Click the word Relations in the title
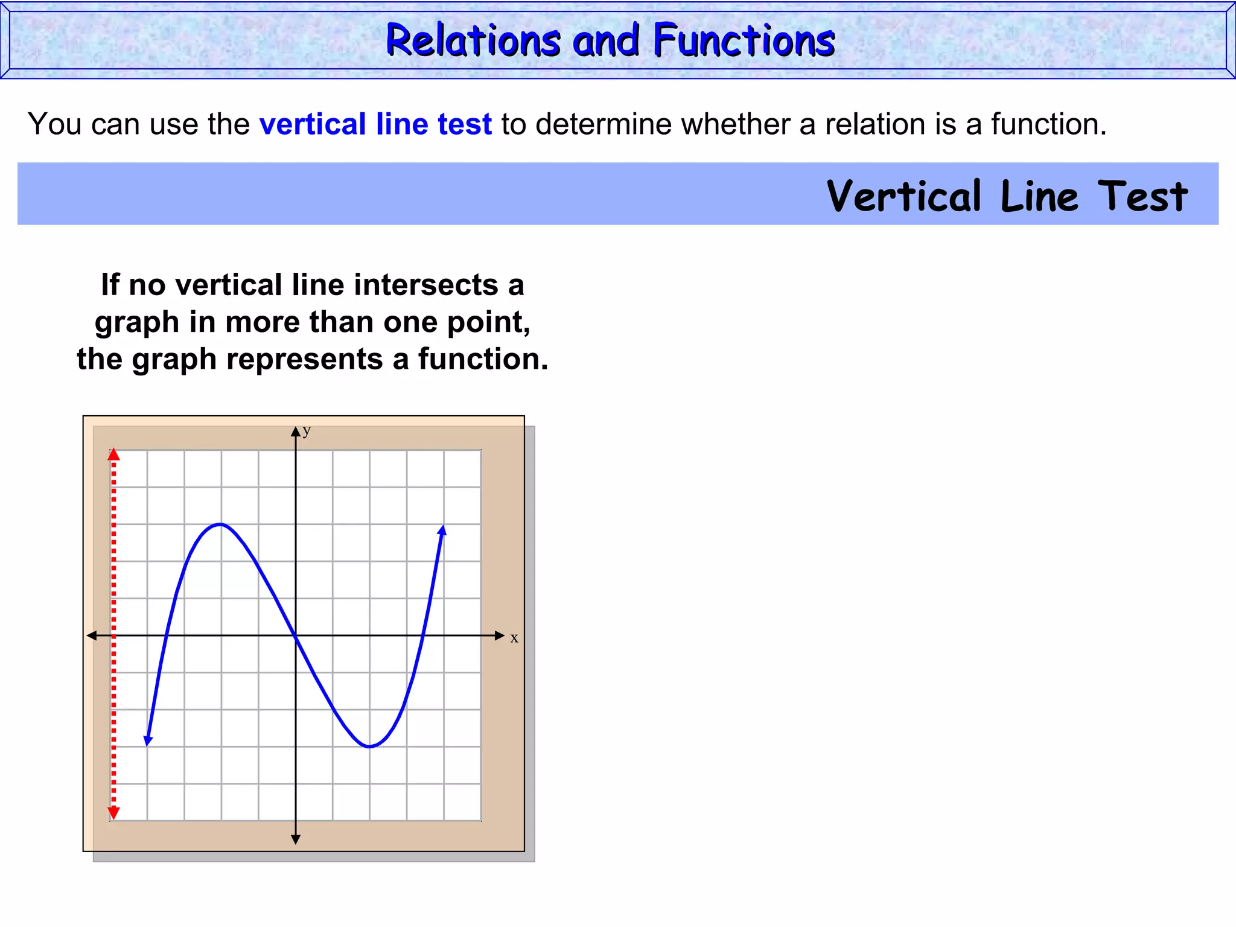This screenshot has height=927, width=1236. click(473, 40)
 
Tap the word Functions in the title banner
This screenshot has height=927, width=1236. click(744, 40)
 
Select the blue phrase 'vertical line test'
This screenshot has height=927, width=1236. click(375, 124)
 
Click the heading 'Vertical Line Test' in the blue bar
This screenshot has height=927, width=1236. click(1007, 196)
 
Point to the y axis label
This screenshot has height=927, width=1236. click(307, 430)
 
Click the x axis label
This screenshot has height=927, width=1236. click(514, 638)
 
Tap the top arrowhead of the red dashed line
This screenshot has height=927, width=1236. click(113, 454)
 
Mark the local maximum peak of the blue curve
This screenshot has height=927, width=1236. click(221, 524)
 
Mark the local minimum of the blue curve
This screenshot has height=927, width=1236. click(369, 747)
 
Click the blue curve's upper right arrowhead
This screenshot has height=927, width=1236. click(442, 530)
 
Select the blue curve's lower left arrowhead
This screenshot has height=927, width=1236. click(148, 741)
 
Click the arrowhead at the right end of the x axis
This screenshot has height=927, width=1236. click(499, 636)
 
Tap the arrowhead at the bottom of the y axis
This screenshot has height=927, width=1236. click(296, 839)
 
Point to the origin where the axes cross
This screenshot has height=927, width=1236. click(296, 636)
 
